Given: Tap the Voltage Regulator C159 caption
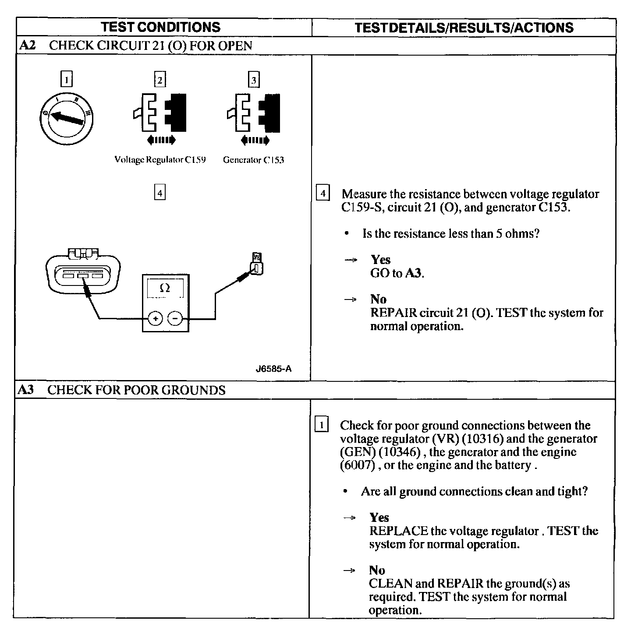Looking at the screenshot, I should click(160, 160).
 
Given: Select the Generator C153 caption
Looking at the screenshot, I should click(253, 160).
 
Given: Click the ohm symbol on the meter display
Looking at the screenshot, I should click(165, 288).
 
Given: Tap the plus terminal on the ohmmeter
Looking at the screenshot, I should click(155, 318).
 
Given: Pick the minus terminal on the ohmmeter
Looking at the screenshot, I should click(175, 318).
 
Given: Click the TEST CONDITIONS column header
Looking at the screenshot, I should click(161, 27).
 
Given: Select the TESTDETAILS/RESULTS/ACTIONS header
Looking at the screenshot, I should click(464, 28).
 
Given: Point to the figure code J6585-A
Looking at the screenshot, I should click(274, 369).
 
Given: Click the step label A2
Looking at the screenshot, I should click(28, 46).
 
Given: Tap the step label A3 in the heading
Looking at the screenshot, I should click(26, 390).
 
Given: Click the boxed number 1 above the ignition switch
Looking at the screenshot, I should click(66, 80).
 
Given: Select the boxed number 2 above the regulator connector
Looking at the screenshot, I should click(160, 80).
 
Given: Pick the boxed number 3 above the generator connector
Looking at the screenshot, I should click(254, 80).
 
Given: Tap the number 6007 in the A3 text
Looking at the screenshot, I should click(358, 465).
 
